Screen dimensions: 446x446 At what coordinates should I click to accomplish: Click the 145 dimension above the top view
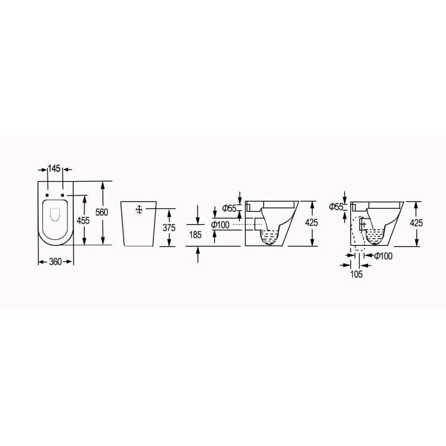tap(54, 169)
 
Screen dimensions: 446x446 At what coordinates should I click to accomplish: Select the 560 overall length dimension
tap(101, 212)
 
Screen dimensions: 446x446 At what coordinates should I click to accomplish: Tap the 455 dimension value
tap(83, 220)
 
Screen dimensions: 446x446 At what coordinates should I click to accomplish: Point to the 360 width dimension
tap(55, 261)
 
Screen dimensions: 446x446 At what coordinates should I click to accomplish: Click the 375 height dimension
tap(169, 227)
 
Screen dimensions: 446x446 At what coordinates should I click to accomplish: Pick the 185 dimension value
tap(195, 235)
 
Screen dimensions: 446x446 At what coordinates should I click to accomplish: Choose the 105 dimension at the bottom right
tap(356, 274)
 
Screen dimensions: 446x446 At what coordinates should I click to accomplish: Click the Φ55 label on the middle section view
tap(229, 209)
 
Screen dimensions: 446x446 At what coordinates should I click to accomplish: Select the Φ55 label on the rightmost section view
tap(336, 207)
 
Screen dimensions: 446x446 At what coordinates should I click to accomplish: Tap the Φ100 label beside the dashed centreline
tap(220, 225)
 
